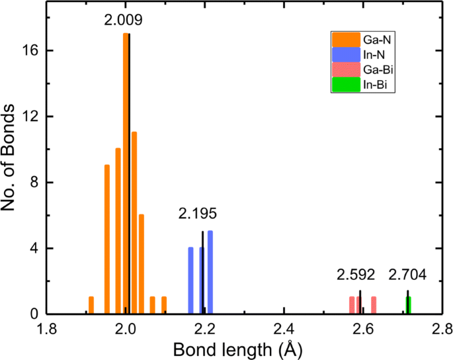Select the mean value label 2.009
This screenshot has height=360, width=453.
(123, 21)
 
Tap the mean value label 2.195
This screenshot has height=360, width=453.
(197, 214)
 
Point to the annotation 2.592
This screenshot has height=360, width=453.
(356, 275)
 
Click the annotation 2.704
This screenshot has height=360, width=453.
(407, 275)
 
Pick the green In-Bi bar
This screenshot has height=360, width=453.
(409, 305)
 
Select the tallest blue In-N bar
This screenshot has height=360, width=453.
(210, 272)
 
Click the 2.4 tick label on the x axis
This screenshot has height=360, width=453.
(284, 329)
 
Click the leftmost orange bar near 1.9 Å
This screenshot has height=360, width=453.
(91, 305)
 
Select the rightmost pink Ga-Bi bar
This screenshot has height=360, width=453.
(374, 305)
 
